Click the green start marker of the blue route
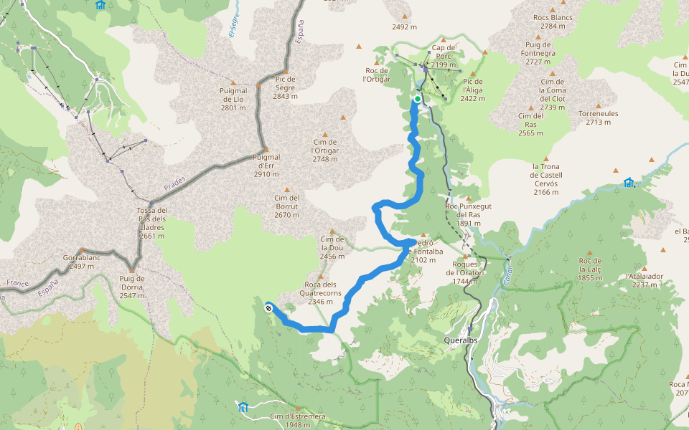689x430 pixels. [417, 99]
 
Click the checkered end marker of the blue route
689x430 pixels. [268, 308]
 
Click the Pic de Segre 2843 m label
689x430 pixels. [285, 87]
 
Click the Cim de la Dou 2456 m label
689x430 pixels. [332, 247]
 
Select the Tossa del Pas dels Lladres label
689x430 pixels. [152, 223]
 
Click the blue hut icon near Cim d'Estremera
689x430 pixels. [243, 407]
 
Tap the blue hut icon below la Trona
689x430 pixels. [629, 183]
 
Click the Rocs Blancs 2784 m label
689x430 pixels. [552, 21]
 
